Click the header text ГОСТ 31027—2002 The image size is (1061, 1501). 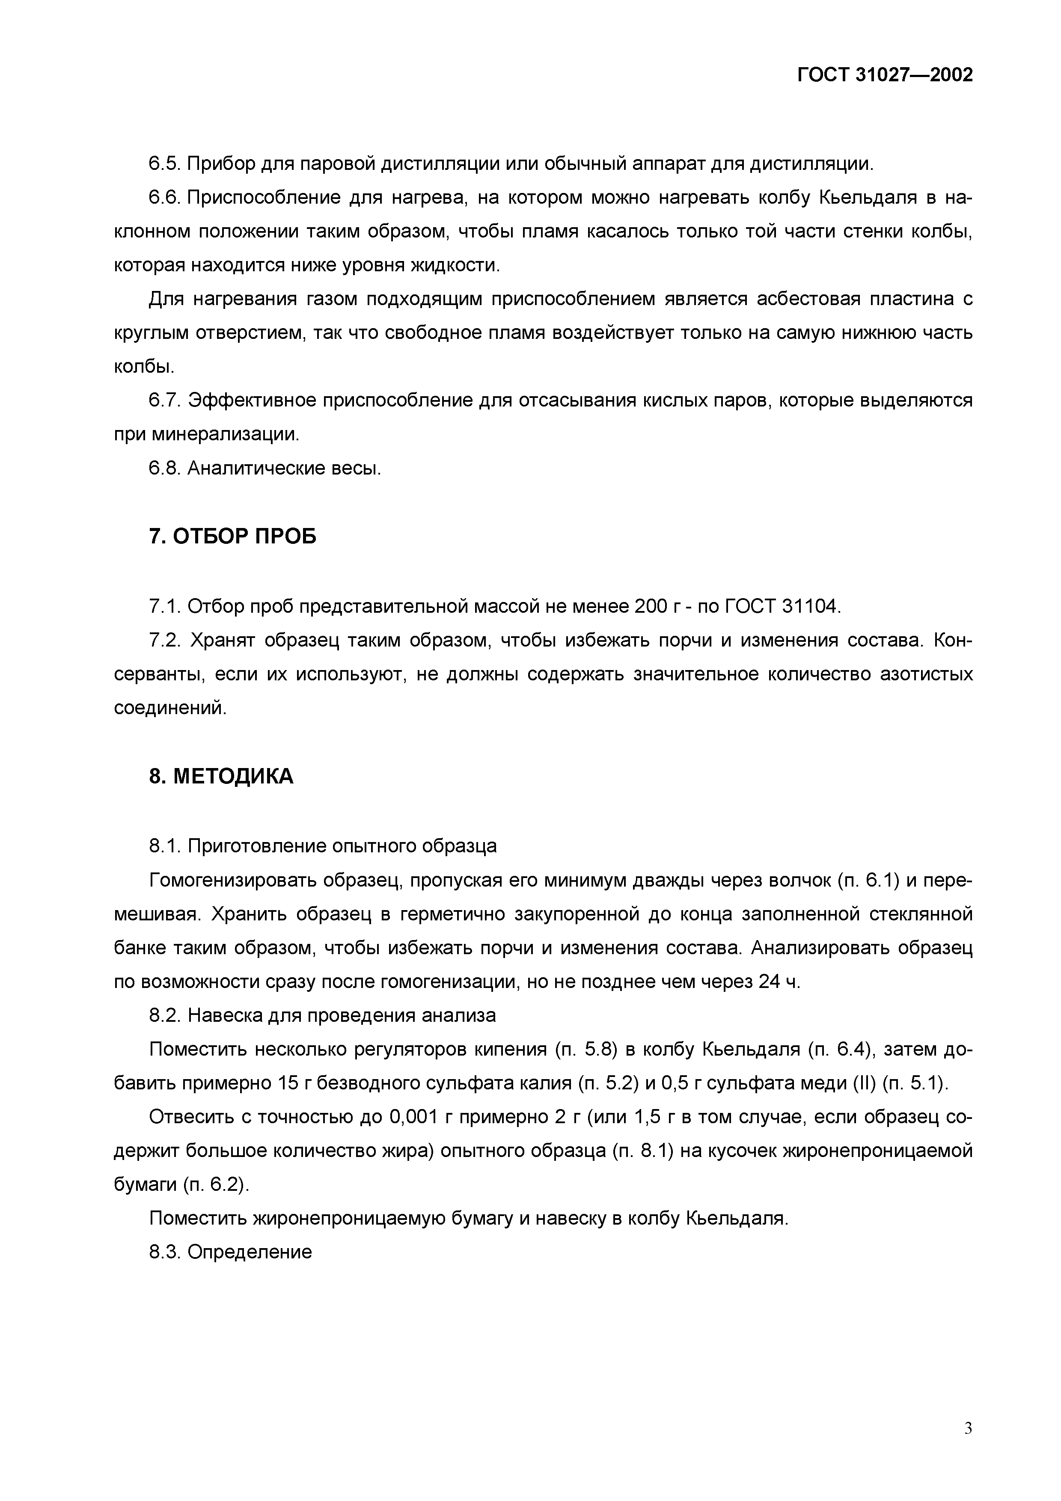(885, 75)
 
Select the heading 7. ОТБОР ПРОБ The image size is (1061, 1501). (233, 536)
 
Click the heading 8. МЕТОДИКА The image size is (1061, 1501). (221, 776)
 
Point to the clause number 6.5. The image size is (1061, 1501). (165, 163)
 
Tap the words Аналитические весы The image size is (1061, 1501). (284, 468)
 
